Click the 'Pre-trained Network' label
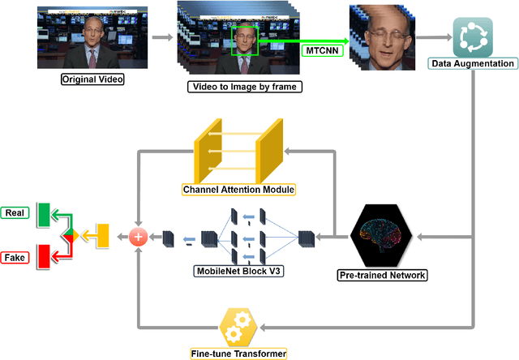click(x=382, y=275)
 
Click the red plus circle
click(x=139, y=237)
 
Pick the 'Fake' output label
click(x=15, y=257)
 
